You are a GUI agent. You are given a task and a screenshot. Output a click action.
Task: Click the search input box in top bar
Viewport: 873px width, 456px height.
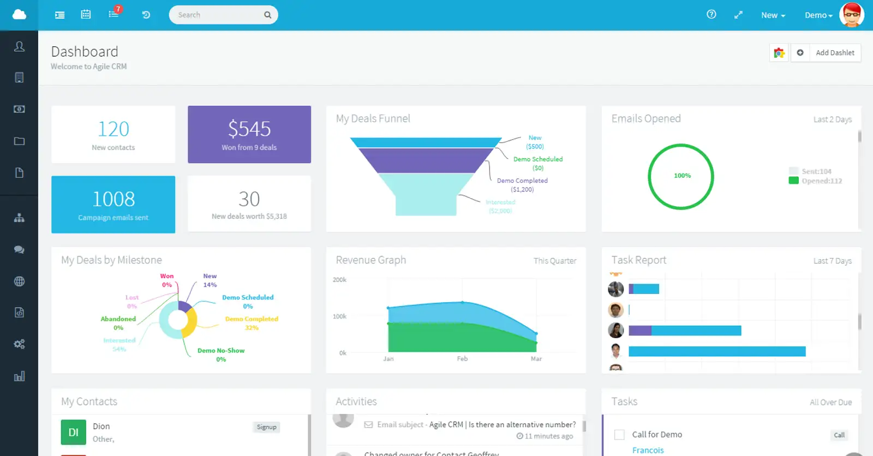[x=218, y=15]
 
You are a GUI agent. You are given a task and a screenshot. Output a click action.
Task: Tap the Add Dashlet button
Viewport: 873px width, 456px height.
[x=834, y=53]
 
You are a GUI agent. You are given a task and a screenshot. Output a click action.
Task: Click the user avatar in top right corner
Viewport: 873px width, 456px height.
[x=851, y=15]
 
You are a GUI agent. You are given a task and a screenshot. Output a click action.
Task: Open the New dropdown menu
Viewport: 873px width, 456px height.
[x=773, y=15]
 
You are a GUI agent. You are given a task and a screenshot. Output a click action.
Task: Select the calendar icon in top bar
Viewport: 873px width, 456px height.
[x=86, y=15]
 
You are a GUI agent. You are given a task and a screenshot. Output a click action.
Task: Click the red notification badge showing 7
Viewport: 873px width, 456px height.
[x=118, y=9]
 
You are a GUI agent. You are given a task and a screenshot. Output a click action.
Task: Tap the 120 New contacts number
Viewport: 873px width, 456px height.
[x=113, y=129]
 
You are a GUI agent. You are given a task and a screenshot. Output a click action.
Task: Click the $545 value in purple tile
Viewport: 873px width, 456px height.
[x=249, y=129]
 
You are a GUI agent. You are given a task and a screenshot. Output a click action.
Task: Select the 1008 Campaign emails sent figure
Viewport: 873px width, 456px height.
[x=113, y=199]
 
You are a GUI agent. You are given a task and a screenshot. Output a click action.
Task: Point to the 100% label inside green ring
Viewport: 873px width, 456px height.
[x=682, y=176]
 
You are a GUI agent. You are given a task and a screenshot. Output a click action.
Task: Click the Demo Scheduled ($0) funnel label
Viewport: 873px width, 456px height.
[x=537, y=163]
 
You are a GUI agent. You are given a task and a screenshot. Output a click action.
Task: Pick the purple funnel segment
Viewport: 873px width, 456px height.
[x=426, y=160]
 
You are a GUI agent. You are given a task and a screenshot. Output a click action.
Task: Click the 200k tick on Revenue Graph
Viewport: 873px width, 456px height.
[x=339, y=280]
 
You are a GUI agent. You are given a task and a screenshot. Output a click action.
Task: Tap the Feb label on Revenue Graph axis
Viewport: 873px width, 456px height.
[x=462, y=359]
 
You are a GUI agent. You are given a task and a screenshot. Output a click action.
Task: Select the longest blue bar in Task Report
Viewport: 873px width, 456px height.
[x=716, y=351]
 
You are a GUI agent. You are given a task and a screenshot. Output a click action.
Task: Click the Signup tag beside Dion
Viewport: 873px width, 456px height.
[x=266, y=427]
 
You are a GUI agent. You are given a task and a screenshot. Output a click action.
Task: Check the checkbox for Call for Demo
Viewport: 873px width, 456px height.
[x=619, y=435]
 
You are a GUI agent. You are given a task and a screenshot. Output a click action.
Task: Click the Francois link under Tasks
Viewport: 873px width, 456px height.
[x=648, y=450]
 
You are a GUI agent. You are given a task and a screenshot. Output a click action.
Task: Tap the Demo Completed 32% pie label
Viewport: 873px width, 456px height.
[x=252, y=323]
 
